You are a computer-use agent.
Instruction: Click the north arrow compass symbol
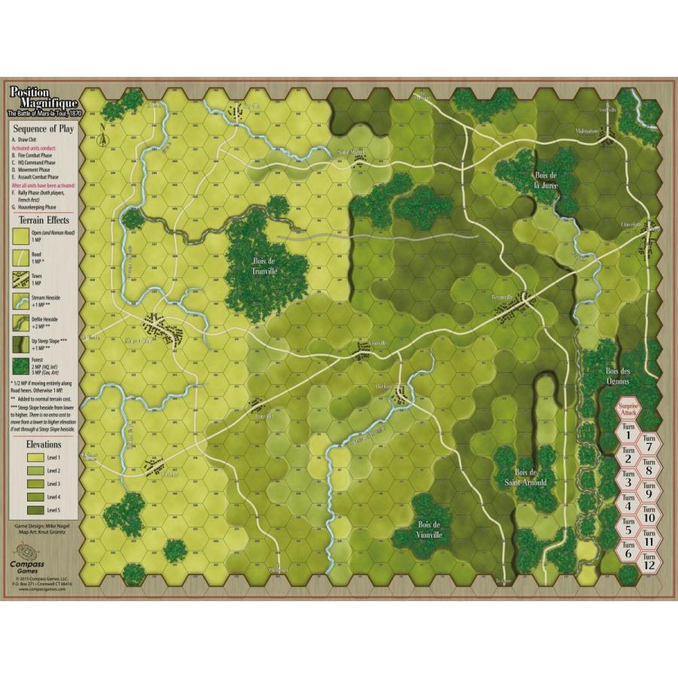pos(101,138)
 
